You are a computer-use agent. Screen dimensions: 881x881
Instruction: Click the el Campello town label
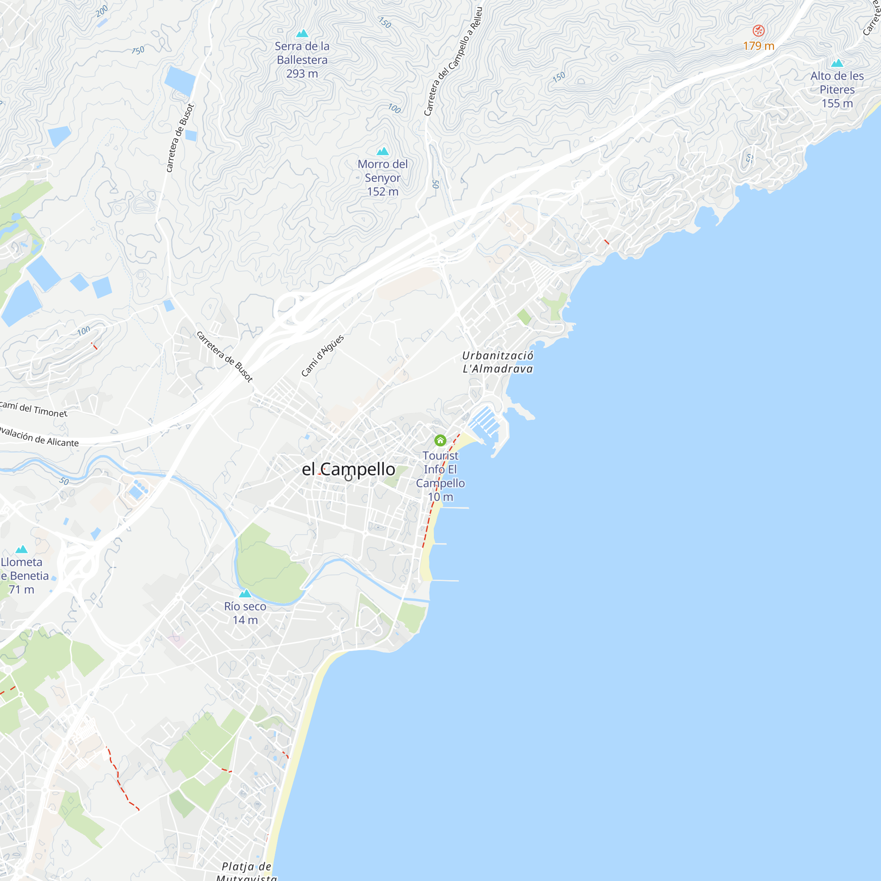point(348,469)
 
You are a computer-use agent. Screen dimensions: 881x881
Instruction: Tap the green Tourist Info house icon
point(440,440)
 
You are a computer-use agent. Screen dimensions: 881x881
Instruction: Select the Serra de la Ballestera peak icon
point(302,33)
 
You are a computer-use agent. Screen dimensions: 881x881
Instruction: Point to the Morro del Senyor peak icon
point(383,151)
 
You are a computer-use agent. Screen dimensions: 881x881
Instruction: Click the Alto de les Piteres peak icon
point(837,63)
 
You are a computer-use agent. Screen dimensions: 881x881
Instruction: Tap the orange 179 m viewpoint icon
point(759,30)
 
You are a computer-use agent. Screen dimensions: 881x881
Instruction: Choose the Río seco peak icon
point(245,593)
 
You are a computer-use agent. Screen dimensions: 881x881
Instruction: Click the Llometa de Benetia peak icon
point(22,549)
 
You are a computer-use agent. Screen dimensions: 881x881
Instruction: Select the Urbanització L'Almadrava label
point(497,362)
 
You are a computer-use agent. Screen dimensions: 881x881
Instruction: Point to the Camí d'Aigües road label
point(322,355)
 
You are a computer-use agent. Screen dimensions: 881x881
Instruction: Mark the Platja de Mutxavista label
point(246,871)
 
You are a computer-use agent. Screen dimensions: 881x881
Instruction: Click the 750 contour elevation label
point(138,50)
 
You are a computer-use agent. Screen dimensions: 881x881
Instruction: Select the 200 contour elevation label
point(102,11)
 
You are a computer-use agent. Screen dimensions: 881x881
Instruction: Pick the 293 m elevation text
point(302,74)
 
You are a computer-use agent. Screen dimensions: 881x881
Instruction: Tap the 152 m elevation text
point(383,192)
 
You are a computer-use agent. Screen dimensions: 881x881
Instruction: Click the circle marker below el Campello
point(348,478)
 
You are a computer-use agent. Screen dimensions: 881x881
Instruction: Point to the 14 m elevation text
point(245,620)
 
